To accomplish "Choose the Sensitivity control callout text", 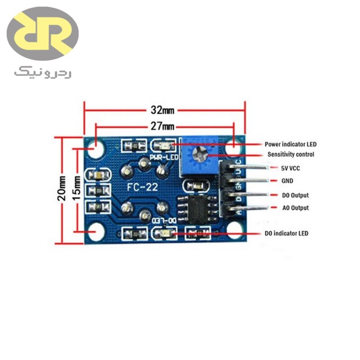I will pos(291,154).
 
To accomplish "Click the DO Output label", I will pos(295,196).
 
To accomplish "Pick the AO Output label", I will pos(295,208).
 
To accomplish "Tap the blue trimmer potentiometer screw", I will pos(198,156).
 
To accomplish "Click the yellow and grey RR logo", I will pos(43,34).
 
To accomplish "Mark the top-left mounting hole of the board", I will pos(95,148).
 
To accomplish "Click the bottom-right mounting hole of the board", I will pos(234,231).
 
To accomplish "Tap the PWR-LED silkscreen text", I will pos(164,157).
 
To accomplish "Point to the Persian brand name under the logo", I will pos(43,72).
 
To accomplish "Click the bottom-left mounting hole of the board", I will pos(95,232).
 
